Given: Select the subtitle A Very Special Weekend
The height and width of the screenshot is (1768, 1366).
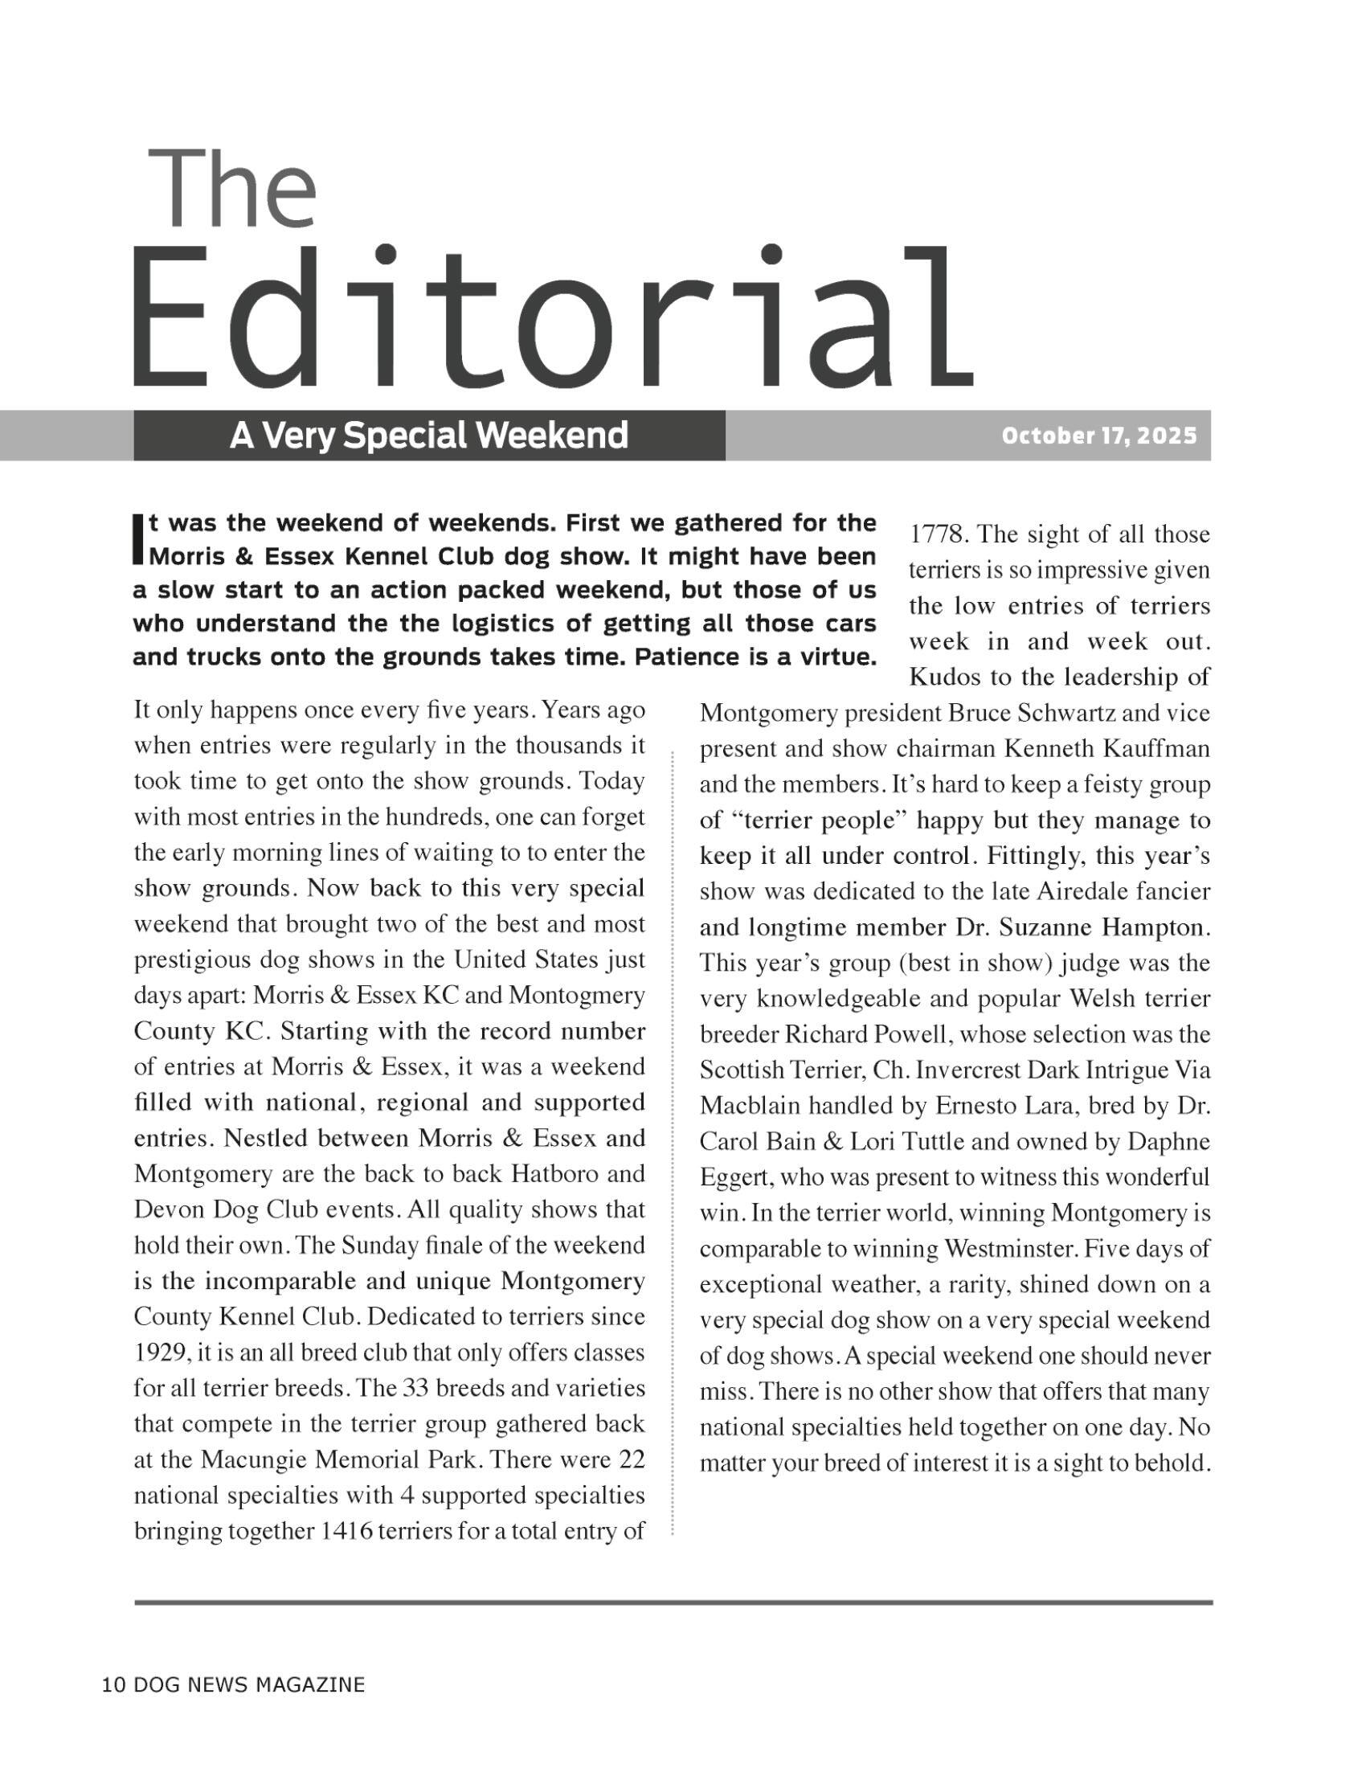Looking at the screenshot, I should click(x=429, y=436).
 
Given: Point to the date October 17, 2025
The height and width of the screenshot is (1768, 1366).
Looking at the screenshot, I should click(x=1098, y=436).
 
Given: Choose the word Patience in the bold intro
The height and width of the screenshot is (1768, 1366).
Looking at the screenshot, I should click(x=683, y=657).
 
